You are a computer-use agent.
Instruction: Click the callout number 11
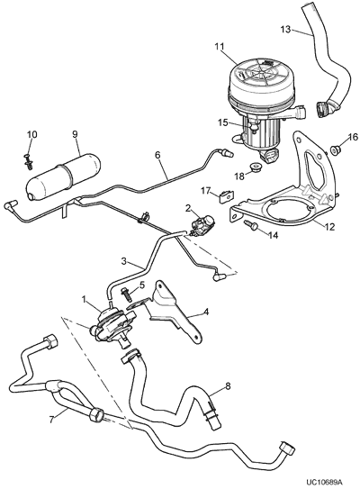click(220, 47)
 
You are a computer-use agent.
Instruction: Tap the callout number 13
click(285, 30)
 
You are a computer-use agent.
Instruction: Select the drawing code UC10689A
click(326, 483)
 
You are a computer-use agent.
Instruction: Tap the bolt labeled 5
click(127, 294)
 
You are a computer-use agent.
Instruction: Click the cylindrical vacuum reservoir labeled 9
click(63, 176)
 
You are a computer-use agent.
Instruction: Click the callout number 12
click(329, 227)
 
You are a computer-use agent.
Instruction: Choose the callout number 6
click(157, 155)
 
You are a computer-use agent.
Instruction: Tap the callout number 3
click(123, 261)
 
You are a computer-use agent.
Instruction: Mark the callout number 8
click(228, 386)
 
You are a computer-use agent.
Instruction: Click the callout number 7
click(51, 420)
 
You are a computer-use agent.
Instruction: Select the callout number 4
click(206, 311)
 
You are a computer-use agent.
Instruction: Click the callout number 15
click(223, 122)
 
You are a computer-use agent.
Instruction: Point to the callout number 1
click(84, 299)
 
